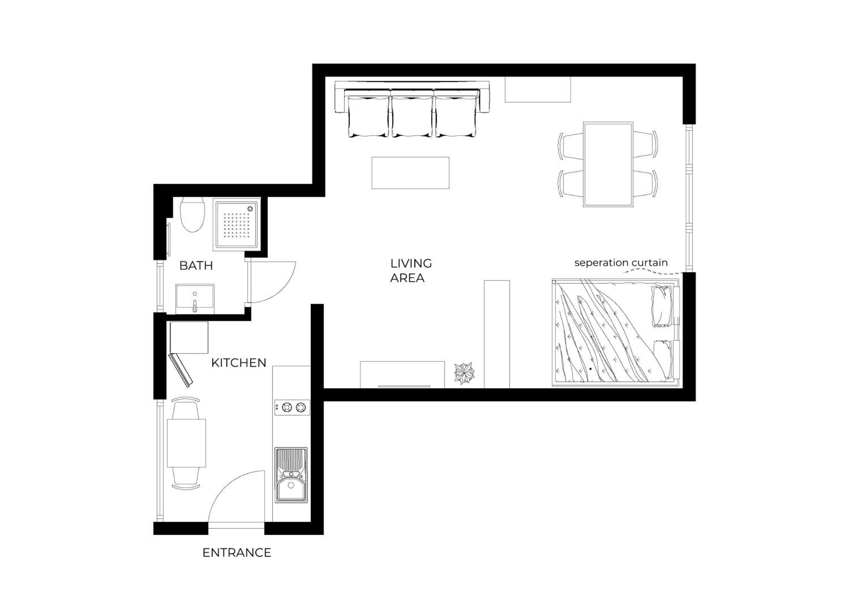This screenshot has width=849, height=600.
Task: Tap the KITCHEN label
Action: pyautogui.click(x=239, y=363)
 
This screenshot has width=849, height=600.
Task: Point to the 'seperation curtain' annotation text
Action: pyautogui.click(x=621, y=263)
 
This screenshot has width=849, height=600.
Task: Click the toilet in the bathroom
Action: pyautogui.click(x=192, y=215)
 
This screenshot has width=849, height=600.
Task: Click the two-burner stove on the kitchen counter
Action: pyautogui.click(x=292, y=407)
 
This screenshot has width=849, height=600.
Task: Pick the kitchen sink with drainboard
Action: pyautogui.click(x=291, y=475)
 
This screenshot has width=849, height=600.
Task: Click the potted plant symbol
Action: pyautogui.click(x=464, y=373)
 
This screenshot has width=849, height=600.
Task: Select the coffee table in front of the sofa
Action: pyautogui.click(x=410, y=173)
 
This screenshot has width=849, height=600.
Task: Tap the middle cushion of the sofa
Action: pyautogui.click(x=412, y=115)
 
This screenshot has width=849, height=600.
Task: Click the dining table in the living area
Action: pyautogui.click(x=608, y=164)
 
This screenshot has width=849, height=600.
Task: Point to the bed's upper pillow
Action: pyautogui.click(x=662, y=307)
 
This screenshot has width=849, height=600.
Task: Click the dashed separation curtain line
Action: pyautogui.click(x=652, y=272)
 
